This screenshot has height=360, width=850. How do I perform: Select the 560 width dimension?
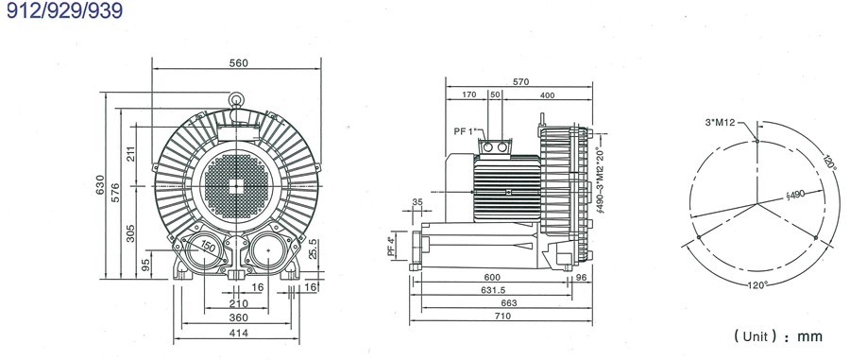(x=238, y=63)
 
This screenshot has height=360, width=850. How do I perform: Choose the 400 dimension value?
(x=547, y=95)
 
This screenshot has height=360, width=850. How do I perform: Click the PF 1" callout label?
(x=467, y=131)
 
